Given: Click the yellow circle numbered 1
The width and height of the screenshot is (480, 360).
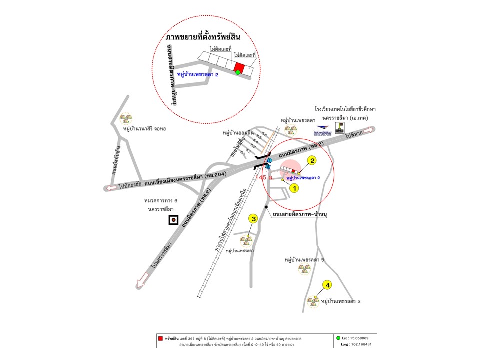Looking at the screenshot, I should tap(294, 188).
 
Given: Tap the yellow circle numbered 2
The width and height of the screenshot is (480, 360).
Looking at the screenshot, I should tap(312, 161).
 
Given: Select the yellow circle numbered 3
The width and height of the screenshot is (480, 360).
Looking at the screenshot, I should tap(254, 218).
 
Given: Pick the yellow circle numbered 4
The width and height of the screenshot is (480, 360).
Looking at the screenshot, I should tap(328, 285).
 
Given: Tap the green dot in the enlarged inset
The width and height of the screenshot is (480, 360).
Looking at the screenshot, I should tap(238, 73).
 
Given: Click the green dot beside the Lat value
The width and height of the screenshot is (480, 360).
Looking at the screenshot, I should tap(339, 338).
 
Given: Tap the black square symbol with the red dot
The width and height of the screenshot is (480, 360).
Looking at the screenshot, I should tap(173, 219).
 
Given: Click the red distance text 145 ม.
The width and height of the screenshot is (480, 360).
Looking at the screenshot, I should tap(263, 177).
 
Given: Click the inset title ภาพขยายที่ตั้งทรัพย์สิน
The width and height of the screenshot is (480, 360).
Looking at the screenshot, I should tap(203, 38).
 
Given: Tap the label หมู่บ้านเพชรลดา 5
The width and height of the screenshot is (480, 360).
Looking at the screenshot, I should tap(304, 260).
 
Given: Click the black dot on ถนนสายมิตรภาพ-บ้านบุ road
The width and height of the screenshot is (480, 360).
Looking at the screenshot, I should tap(267, 207).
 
